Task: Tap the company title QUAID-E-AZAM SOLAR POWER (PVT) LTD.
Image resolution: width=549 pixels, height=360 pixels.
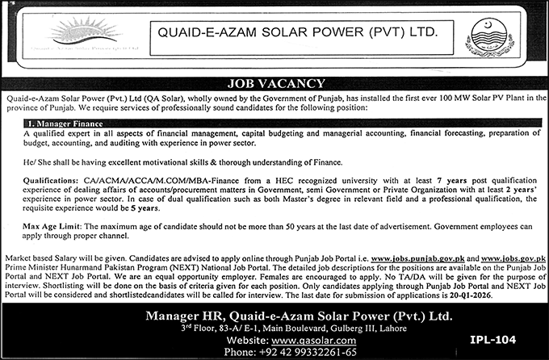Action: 295,36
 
